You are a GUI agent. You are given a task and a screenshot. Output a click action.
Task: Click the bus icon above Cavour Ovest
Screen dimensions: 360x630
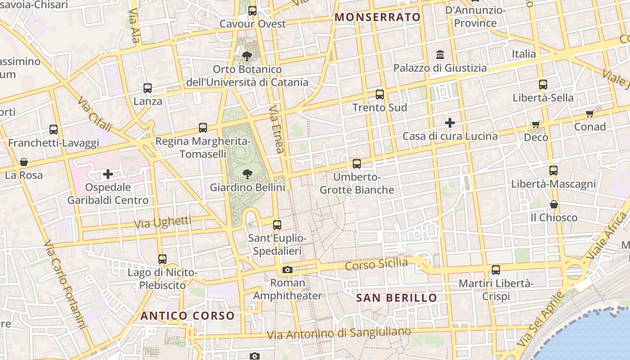pos(252,11)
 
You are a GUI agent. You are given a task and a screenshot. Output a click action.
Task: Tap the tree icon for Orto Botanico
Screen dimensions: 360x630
pos(247,56)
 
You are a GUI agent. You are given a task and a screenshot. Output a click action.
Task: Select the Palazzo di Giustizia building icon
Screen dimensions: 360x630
pos(440,55)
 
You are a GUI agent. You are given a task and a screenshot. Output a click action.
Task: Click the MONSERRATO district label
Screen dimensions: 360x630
pos(378,18)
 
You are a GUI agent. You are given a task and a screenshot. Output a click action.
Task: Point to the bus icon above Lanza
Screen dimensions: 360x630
pos(148,88)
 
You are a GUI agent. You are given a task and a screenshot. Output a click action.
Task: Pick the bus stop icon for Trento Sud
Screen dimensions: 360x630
pos(380,94)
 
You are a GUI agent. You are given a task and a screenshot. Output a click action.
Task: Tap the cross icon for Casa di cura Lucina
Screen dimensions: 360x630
pos(450,123)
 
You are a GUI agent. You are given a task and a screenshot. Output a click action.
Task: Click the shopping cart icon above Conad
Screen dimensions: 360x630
pos(589,114)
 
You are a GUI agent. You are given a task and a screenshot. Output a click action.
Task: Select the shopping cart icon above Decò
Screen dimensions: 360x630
pos(536,124)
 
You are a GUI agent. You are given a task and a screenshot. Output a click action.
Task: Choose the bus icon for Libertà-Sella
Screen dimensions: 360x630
pos(543,85)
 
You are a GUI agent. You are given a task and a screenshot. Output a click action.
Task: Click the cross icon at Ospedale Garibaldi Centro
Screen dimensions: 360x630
pos(108,174)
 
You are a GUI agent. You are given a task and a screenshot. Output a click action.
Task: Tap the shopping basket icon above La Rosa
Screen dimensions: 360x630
pos(24,162)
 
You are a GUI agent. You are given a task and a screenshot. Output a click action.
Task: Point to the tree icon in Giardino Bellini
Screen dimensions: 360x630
pos(247,174)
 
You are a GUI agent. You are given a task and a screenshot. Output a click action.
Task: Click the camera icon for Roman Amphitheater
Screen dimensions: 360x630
pos(287,270)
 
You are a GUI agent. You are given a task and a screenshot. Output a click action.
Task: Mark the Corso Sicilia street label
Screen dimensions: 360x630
pos(376,264)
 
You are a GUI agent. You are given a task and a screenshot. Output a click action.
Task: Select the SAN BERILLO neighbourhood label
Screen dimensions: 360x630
pos(396,298)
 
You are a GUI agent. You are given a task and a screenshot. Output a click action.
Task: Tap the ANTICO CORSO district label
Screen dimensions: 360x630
pos(188,316)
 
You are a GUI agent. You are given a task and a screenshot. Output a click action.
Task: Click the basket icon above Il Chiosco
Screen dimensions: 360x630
pos(554,205)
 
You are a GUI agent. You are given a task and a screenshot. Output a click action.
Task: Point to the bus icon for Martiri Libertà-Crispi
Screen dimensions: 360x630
pos(496,270)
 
